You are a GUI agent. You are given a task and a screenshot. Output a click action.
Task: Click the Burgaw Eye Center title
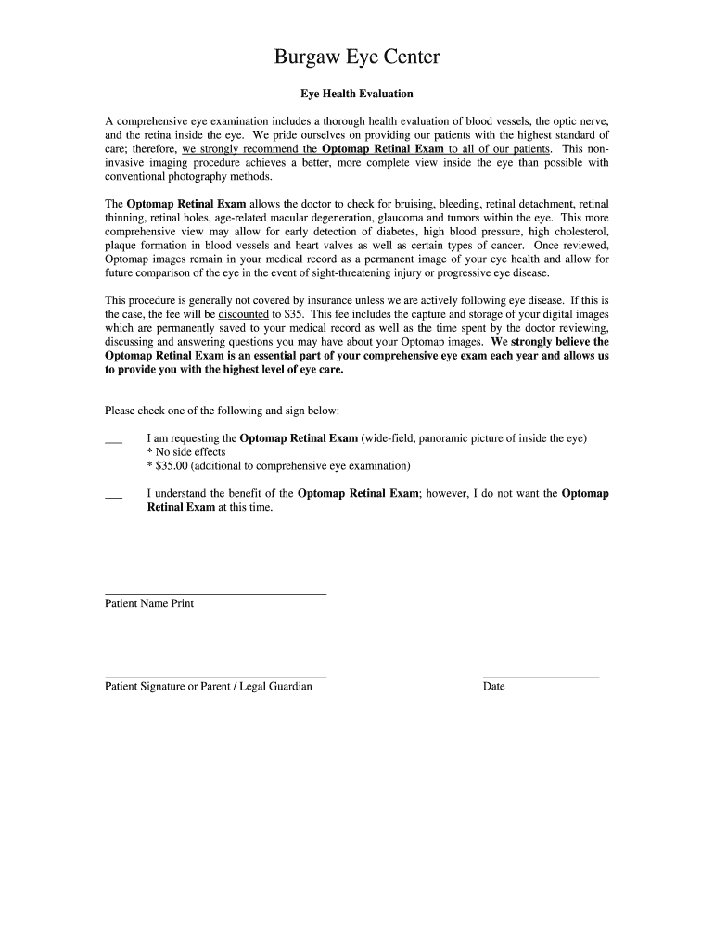coord(357,58)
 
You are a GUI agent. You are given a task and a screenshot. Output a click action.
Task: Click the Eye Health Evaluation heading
coord(356,95)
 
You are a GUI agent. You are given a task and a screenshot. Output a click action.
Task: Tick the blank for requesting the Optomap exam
coord(114,441)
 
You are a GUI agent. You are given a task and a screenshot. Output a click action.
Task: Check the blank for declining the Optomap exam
coord(114,497)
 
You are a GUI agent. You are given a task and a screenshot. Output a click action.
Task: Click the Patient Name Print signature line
coord(215,592)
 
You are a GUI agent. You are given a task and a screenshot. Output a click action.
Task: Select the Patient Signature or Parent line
coord(215,676)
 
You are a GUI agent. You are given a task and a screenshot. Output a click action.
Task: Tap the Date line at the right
coord(541,676)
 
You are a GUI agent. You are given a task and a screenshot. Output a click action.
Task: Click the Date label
coord(493,687)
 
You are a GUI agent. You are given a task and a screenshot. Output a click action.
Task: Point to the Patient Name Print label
coord(149,603)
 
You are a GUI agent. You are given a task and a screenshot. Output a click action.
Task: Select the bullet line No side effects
coord(186,452)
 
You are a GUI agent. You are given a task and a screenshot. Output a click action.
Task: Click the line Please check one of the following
coord(223,410)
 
